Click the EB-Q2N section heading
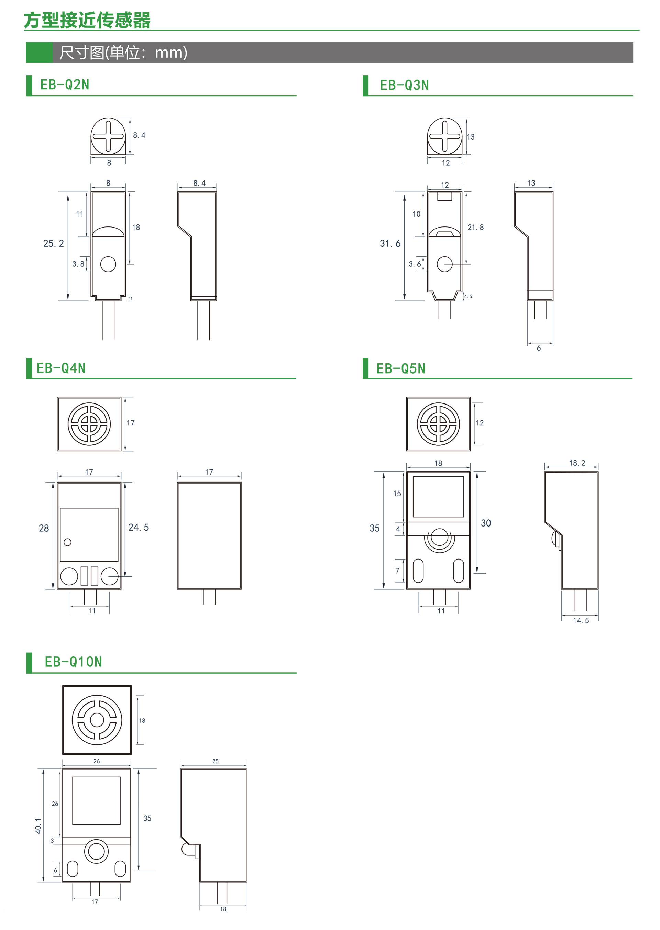click(65, 85)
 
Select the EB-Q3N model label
click(404, 85)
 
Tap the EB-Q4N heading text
click(61, 368)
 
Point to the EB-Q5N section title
click(401, 368)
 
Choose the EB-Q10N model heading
click(73, 662)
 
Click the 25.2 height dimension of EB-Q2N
click(54, 243)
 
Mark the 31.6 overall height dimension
click(390, 243)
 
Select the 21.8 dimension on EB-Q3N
click(475, 227)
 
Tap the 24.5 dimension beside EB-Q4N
click(139, 527)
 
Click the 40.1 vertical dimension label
click(38, 826)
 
